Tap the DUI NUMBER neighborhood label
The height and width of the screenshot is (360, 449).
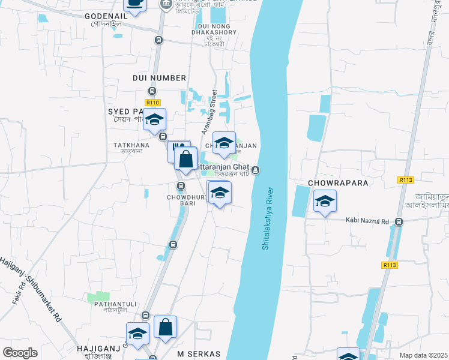coord(158,78)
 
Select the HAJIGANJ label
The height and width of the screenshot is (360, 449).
coord(95,348)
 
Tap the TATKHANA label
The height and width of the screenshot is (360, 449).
coord(131,145)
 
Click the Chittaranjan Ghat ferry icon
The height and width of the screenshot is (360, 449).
coord(256,170)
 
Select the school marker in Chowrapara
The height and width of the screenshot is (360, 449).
coord(325,200)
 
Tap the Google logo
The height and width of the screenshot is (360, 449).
coord(20,353)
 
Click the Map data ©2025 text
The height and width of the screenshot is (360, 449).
coord(423,355)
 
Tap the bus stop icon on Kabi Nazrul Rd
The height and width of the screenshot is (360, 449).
coord(399,222)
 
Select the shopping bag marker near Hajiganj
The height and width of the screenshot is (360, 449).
coord(166,327)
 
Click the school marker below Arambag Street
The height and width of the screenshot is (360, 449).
coord(224,143)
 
